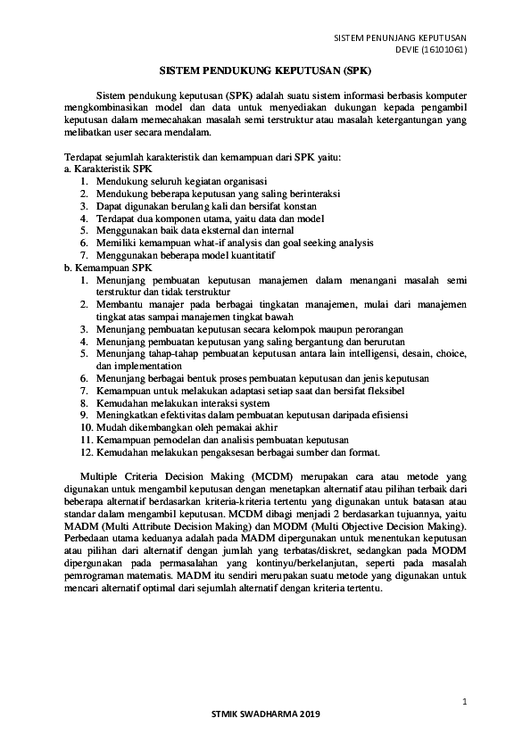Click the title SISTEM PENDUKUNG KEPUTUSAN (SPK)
264,67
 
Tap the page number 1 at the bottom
465,701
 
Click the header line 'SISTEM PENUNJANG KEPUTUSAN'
401,37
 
